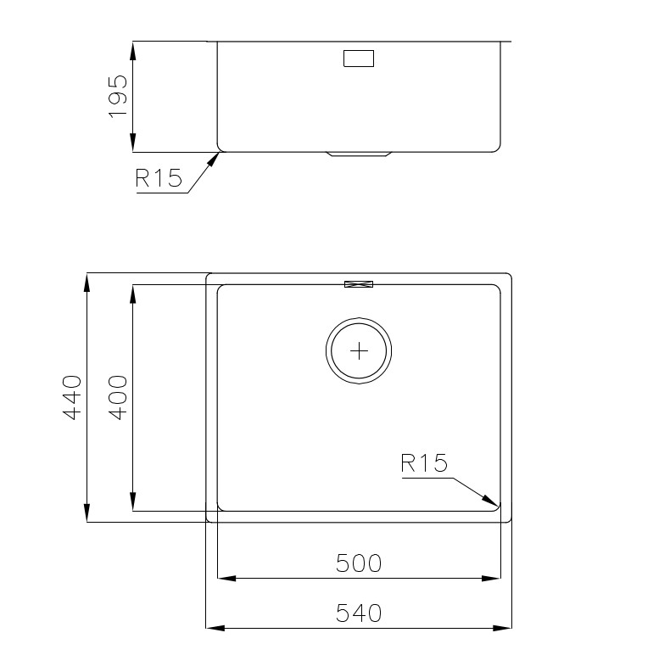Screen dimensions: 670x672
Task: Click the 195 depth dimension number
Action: (x=118, y=97)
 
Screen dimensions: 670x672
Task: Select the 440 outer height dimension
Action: (x=72, y=397)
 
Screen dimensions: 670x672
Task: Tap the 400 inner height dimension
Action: (x=118, y=397)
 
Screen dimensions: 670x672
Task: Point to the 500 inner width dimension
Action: (x=359, y=563)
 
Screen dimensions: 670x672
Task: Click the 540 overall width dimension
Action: (x=359, y=613)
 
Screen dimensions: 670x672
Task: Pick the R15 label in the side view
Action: (x=159, y=178)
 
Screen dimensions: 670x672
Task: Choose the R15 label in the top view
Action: (x=424, y=463)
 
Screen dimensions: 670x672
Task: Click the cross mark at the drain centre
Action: (x=359, y=351)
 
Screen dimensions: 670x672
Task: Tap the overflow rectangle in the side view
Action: (x=359, y=59)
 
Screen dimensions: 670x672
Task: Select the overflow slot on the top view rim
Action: (x=359, y=284)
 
